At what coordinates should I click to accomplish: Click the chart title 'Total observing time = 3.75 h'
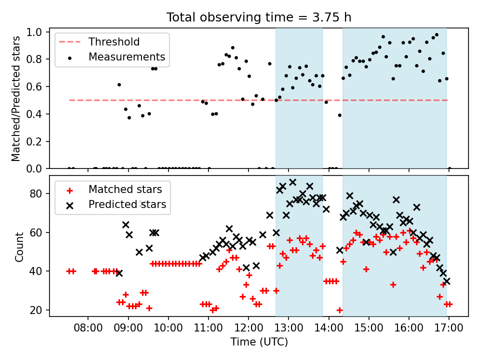[258, 17]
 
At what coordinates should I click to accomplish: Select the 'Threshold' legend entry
[99, 41]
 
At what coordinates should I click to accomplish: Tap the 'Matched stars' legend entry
[114, 189]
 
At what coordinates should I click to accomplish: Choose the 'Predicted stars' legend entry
[116, 204]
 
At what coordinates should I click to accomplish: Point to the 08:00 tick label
[88, 328]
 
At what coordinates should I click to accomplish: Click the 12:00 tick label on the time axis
[248, 328]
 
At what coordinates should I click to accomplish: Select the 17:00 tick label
[449, 328]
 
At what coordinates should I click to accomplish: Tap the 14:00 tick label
[329, 328]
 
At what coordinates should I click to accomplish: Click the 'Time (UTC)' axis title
[259, 341]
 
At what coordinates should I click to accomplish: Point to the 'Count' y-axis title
[19, 246]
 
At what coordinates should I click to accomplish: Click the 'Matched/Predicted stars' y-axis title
[15, 98]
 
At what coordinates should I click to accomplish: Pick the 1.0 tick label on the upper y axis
[34, 32]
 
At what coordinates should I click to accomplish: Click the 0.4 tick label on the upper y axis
[34, 114]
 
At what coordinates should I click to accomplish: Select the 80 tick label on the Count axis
[36, 194]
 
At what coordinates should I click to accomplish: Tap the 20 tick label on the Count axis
[36, 310]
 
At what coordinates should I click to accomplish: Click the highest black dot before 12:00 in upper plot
[232, 48]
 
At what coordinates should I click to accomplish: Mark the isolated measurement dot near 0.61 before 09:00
[119, 85]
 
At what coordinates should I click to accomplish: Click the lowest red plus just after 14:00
[339, 310]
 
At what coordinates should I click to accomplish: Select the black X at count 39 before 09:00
[119, 273]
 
